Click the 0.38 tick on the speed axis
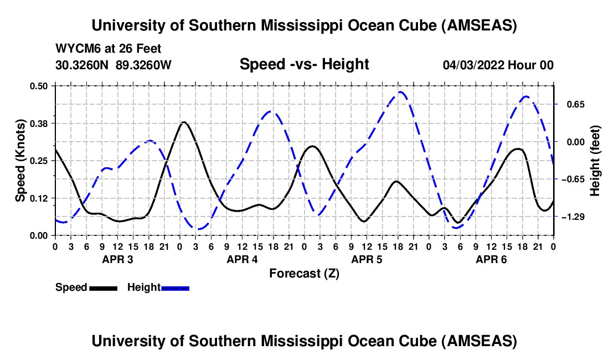coord(42,123)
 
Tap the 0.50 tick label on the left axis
coord(42,86)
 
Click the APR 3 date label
coord(117,259)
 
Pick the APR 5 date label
coord(367,259)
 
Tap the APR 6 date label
coord(492,259)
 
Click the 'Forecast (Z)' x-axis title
coord(304,273)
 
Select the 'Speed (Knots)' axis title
coord(20,161)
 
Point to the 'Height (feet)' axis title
coord(595,161)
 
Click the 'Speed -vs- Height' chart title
coord(304,64)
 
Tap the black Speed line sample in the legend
coord(103,288)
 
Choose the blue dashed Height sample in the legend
coord(175,288)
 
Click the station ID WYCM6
coord(76,49)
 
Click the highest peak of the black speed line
coord(183,122)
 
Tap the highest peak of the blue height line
coord(401,92)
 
